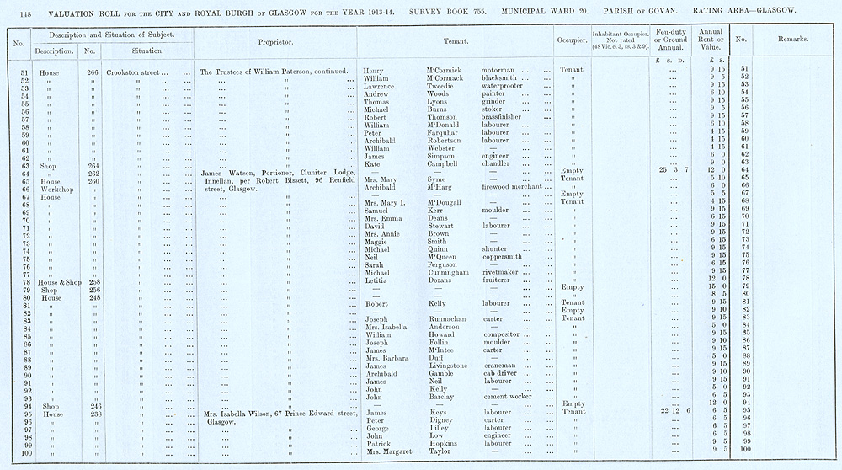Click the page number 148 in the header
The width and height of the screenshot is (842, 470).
click(19, 11)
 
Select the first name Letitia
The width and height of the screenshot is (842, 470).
click(376, 280)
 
